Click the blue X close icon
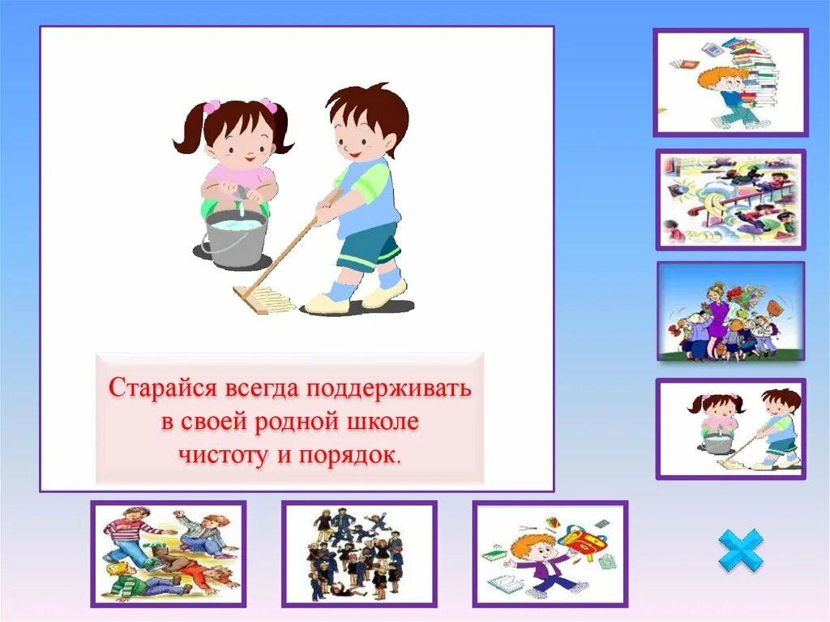point(741,551)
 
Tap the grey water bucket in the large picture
point(235,239)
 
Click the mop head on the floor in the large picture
point(263,299)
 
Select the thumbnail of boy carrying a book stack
point(730,83)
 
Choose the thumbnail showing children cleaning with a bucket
point(730,429)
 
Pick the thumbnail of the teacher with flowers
point(730,311)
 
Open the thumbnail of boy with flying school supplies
point(550,553)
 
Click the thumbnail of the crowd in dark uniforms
point(358,553)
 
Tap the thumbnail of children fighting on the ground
point(168,553)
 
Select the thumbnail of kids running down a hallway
point(730,199)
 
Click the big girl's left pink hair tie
point(212,106)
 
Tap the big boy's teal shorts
point(369,248)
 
